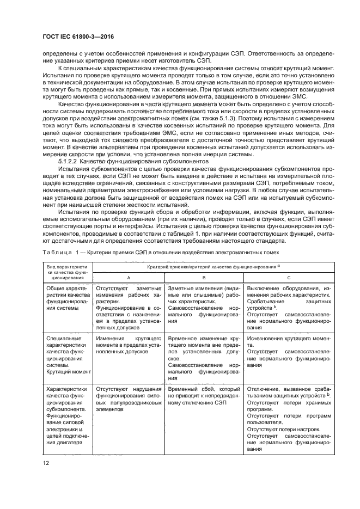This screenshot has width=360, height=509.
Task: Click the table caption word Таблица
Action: click(x=54, y=252)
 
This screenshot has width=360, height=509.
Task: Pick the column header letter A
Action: click(x=128, y=277)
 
